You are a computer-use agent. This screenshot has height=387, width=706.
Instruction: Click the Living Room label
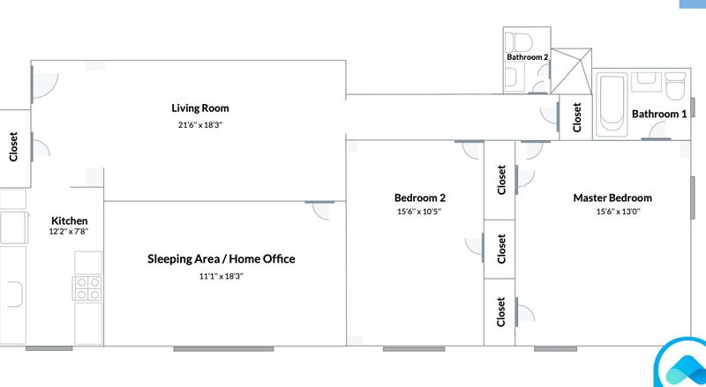[x=200, y=108]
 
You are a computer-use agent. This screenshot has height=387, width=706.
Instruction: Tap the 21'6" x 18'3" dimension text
[x=200, y=124]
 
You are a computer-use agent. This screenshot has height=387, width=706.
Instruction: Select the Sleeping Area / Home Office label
[x=222, y=259]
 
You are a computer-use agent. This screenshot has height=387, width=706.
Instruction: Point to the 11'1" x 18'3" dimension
[x=222, y=276]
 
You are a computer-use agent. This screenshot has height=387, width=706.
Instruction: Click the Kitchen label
[x=70, y=220]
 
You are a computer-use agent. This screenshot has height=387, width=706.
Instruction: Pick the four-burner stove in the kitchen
[x=87, y=288]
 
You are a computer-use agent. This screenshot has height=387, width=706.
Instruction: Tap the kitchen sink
[x=14, y=294]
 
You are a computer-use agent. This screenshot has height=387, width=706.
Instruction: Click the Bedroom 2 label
[x=420, y=198]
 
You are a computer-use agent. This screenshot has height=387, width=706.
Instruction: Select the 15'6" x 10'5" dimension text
[x=419, y=212]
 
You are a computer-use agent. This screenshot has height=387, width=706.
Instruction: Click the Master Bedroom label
[x=612, y=198]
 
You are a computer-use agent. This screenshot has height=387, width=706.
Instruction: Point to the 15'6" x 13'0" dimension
[x=619, y=212]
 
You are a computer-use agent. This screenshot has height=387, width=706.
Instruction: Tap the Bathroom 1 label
[x=659, y=114]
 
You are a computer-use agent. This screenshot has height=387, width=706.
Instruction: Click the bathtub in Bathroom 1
[x=611, y=105]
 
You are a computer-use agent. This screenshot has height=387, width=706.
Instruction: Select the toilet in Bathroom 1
[x=675, y=86]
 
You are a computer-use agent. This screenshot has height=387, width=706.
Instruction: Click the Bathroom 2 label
[x=527, y=57]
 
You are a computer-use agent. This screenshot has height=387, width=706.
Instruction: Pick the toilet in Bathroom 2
[x=519, y=42]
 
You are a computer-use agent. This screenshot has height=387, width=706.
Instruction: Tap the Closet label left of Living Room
[x=13, y=146]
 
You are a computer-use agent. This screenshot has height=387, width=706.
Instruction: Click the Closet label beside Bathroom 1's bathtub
[x=577, y=117]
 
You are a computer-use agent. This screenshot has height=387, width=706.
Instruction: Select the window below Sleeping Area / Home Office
[x=223, y=349]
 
